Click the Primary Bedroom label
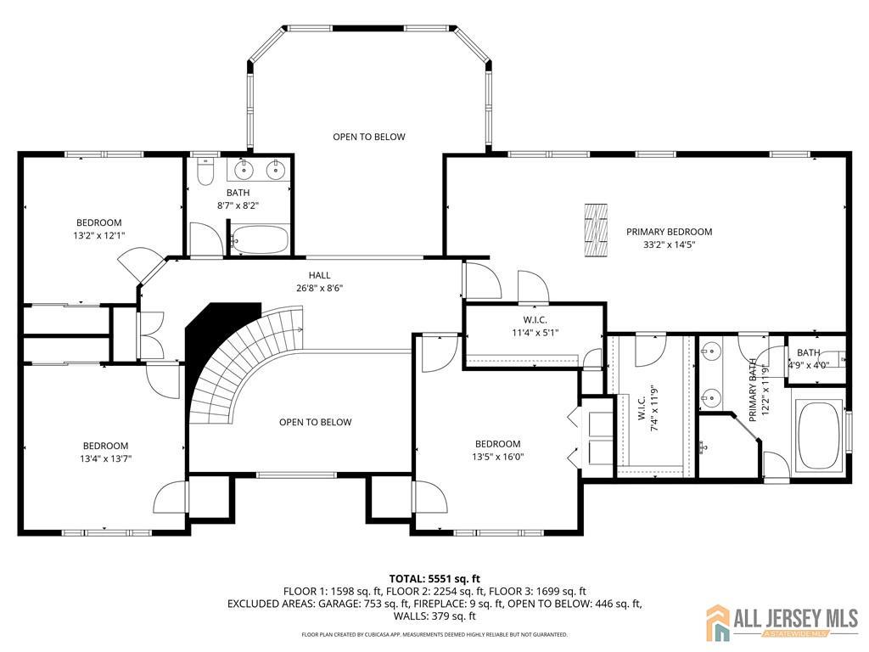[669, 232]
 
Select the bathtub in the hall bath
[260, 239]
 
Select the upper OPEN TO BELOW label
[369, 137]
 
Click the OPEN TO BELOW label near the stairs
[316, 423]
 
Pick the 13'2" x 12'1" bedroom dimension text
[99, 236]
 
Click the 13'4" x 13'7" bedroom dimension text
[106, 459]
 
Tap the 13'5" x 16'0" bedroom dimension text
[497, 457]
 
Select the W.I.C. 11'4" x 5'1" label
[535, 327]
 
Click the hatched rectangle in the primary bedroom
[597, 230]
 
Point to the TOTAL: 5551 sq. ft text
[434, 580]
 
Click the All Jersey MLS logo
[782, 621]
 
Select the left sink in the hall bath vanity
[244, 170]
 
